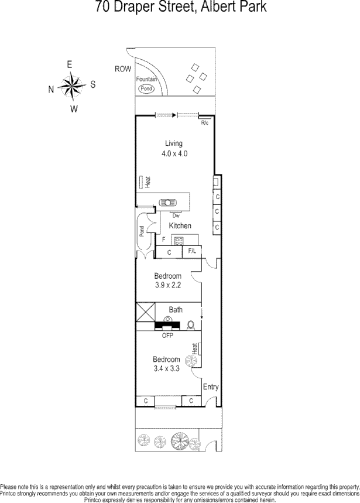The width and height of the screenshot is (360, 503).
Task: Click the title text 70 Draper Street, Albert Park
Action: [180, 8]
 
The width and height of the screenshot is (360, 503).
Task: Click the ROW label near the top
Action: [123, 69]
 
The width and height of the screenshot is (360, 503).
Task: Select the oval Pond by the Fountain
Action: [146, 88]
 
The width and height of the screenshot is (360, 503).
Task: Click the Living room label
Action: [174, 143]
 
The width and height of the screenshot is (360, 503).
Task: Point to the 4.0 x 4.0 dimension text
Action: [174, 154]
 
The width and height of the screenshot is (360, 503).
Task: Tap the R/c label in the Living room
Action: [205, 123]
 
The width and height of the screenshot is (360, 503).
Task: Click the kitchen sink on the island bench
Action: [167, 203]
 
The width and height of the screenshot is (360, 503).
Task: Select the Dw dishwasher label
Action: [176, 215]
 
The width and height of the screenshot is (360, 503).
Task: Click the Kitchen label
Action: [180, 226]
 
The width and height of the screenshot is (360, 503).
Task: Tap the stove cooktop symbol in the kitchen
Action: [179, 240]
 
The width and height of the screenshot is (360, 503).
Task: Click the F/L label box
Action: [192, 252]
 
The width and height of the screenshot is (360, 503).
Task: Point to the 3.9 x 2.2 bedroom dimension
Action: [167, 286]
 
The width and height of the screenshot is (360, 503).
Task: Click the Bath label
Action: [176, 310]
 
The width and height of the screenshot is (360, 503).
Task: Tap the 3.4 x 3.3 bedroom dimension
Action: [166, 369]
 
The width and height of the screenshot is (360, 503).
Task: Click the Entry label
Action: [211, 387]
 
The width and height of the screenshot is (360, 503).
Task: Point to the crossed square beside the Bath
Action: [145, 312]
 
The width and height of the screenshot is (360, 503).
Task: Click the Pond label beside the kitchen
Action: [141, 231]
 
